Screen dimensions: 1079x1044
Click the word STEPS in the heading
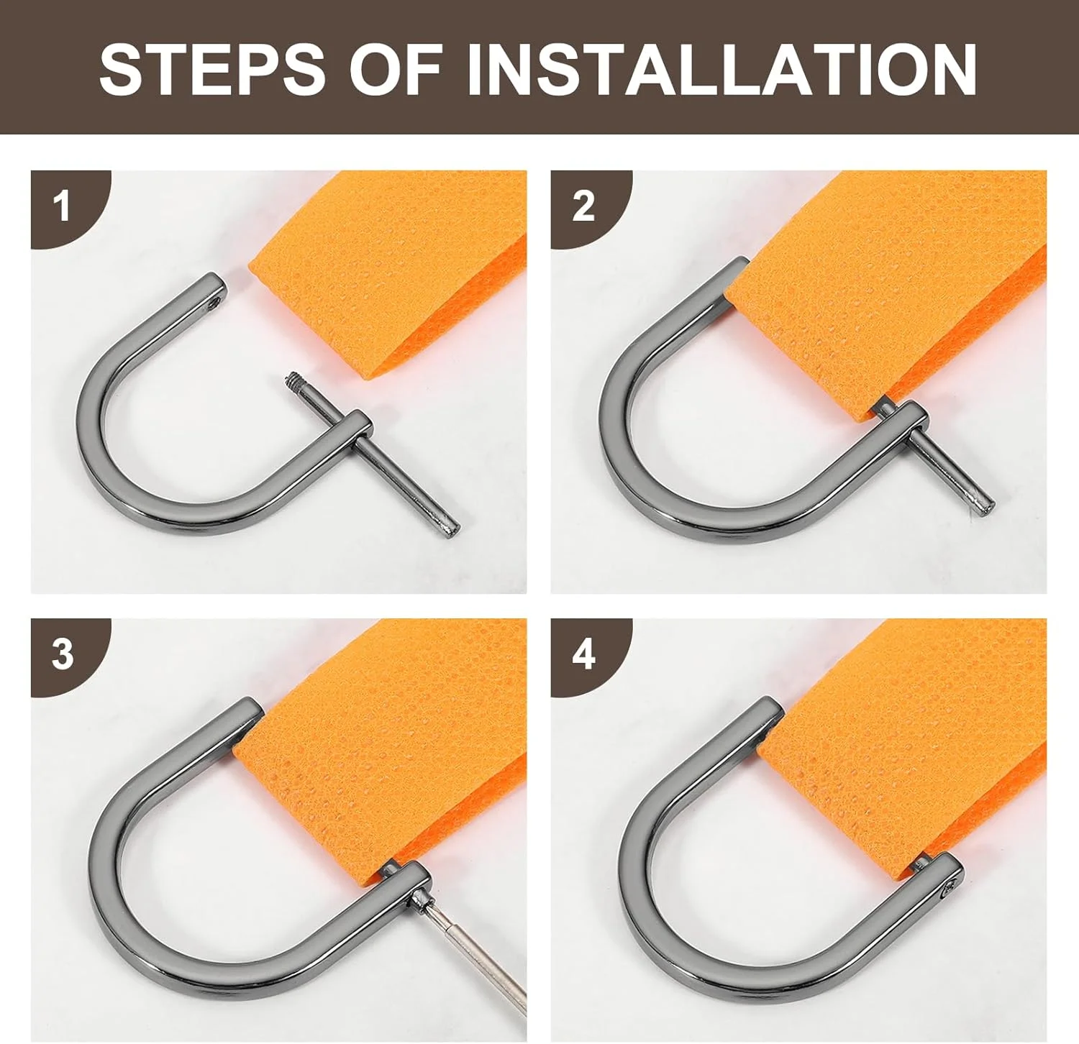(x=212, y=68)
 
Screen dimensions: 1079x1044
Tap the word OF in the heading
(x=396, y=68)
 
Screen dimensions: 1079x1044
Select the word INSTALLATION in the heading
(x=721, y=68)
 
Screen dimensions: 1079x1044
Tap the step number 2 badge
(x=583, y=206)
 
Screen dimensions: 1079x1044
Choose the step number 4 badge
(x=583, y=655)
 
